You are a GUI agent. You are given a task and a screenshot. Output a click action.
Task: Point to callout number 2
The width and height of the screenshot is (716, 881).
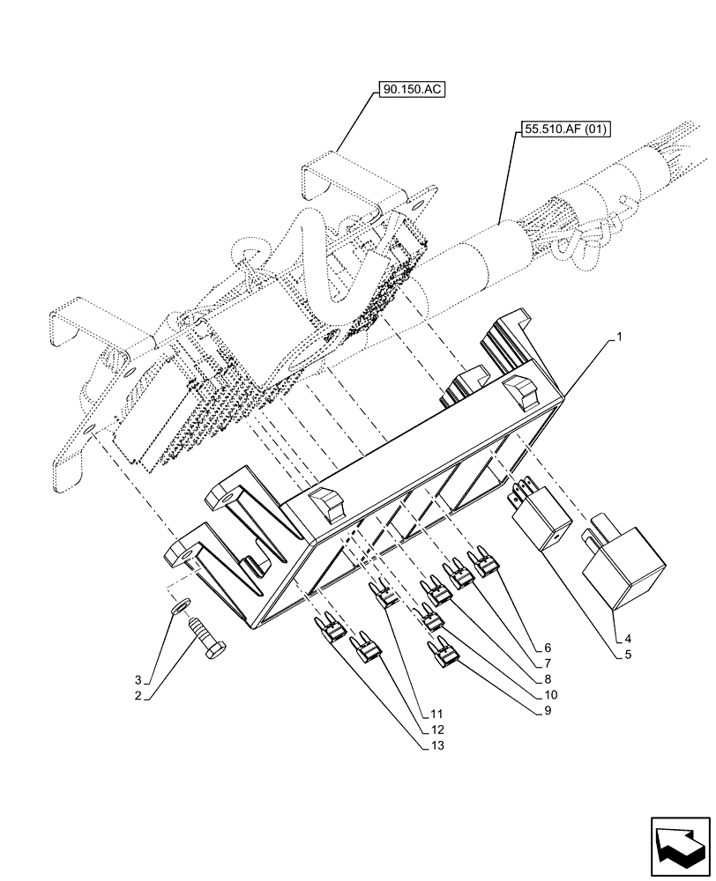[x=138, y=695]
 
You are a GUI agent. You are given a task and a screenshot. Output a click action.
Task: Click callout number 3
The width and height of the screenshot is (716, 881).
[x=138, y=679]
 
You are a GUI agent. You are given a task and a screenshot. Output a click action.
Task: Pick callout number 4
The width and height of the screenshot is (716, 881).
[x=627, y=638]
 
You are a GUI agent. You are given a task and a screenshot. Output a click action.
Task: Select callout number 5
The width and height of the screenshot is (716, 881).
[x=627, y=655]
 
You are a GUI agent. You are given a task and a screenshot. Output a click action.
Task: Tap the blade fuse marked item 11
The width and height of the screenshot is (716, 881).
[x=384, y=596]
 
